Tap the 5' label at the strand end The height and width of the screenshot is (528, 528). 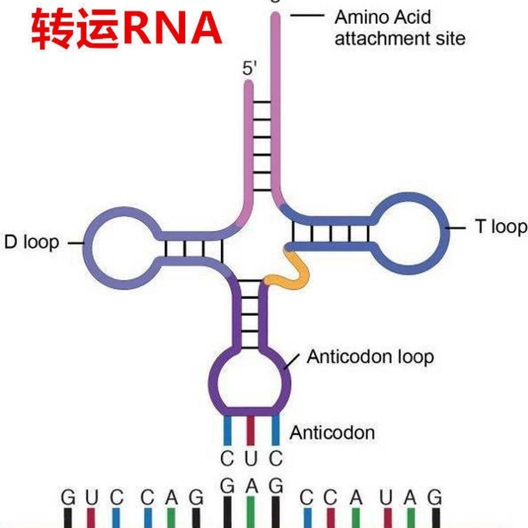coord(249,69)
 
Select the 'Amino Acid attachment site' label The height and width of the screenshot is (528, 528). coord(400,28)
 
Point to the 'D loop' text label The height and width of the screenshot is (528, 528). coord(32,243)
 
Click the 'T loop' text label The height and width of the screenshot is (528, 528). coord(500,226)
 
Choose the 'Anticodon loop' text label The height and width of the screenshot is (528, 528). coord(371,357)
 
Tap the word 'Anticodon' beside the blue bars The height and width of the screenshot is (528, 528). coord(332,432)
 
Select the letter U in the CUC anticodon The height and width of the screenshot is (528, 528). coord(251,458)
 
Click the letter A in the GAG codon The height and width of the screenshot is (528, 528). coord(251,486)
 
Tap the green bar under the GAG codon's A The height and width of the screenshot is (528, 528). coord(251,512)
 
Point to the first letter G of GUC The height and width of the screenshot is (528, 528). coord(68,497)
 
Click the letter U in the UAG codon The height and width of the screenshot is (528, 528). coord(386,497)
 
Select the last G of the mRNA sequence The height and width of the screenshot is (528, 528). coord(434,497)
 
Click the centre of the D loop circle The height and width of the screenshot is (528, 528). coord(123,248)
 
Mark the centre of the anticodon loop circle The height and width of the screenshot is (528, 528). coord(250,381)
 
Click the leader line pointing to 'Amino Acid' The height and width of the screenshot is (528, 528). coord(307,15)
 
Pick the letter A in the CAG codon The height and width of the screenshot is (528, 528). coord(171,497)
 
